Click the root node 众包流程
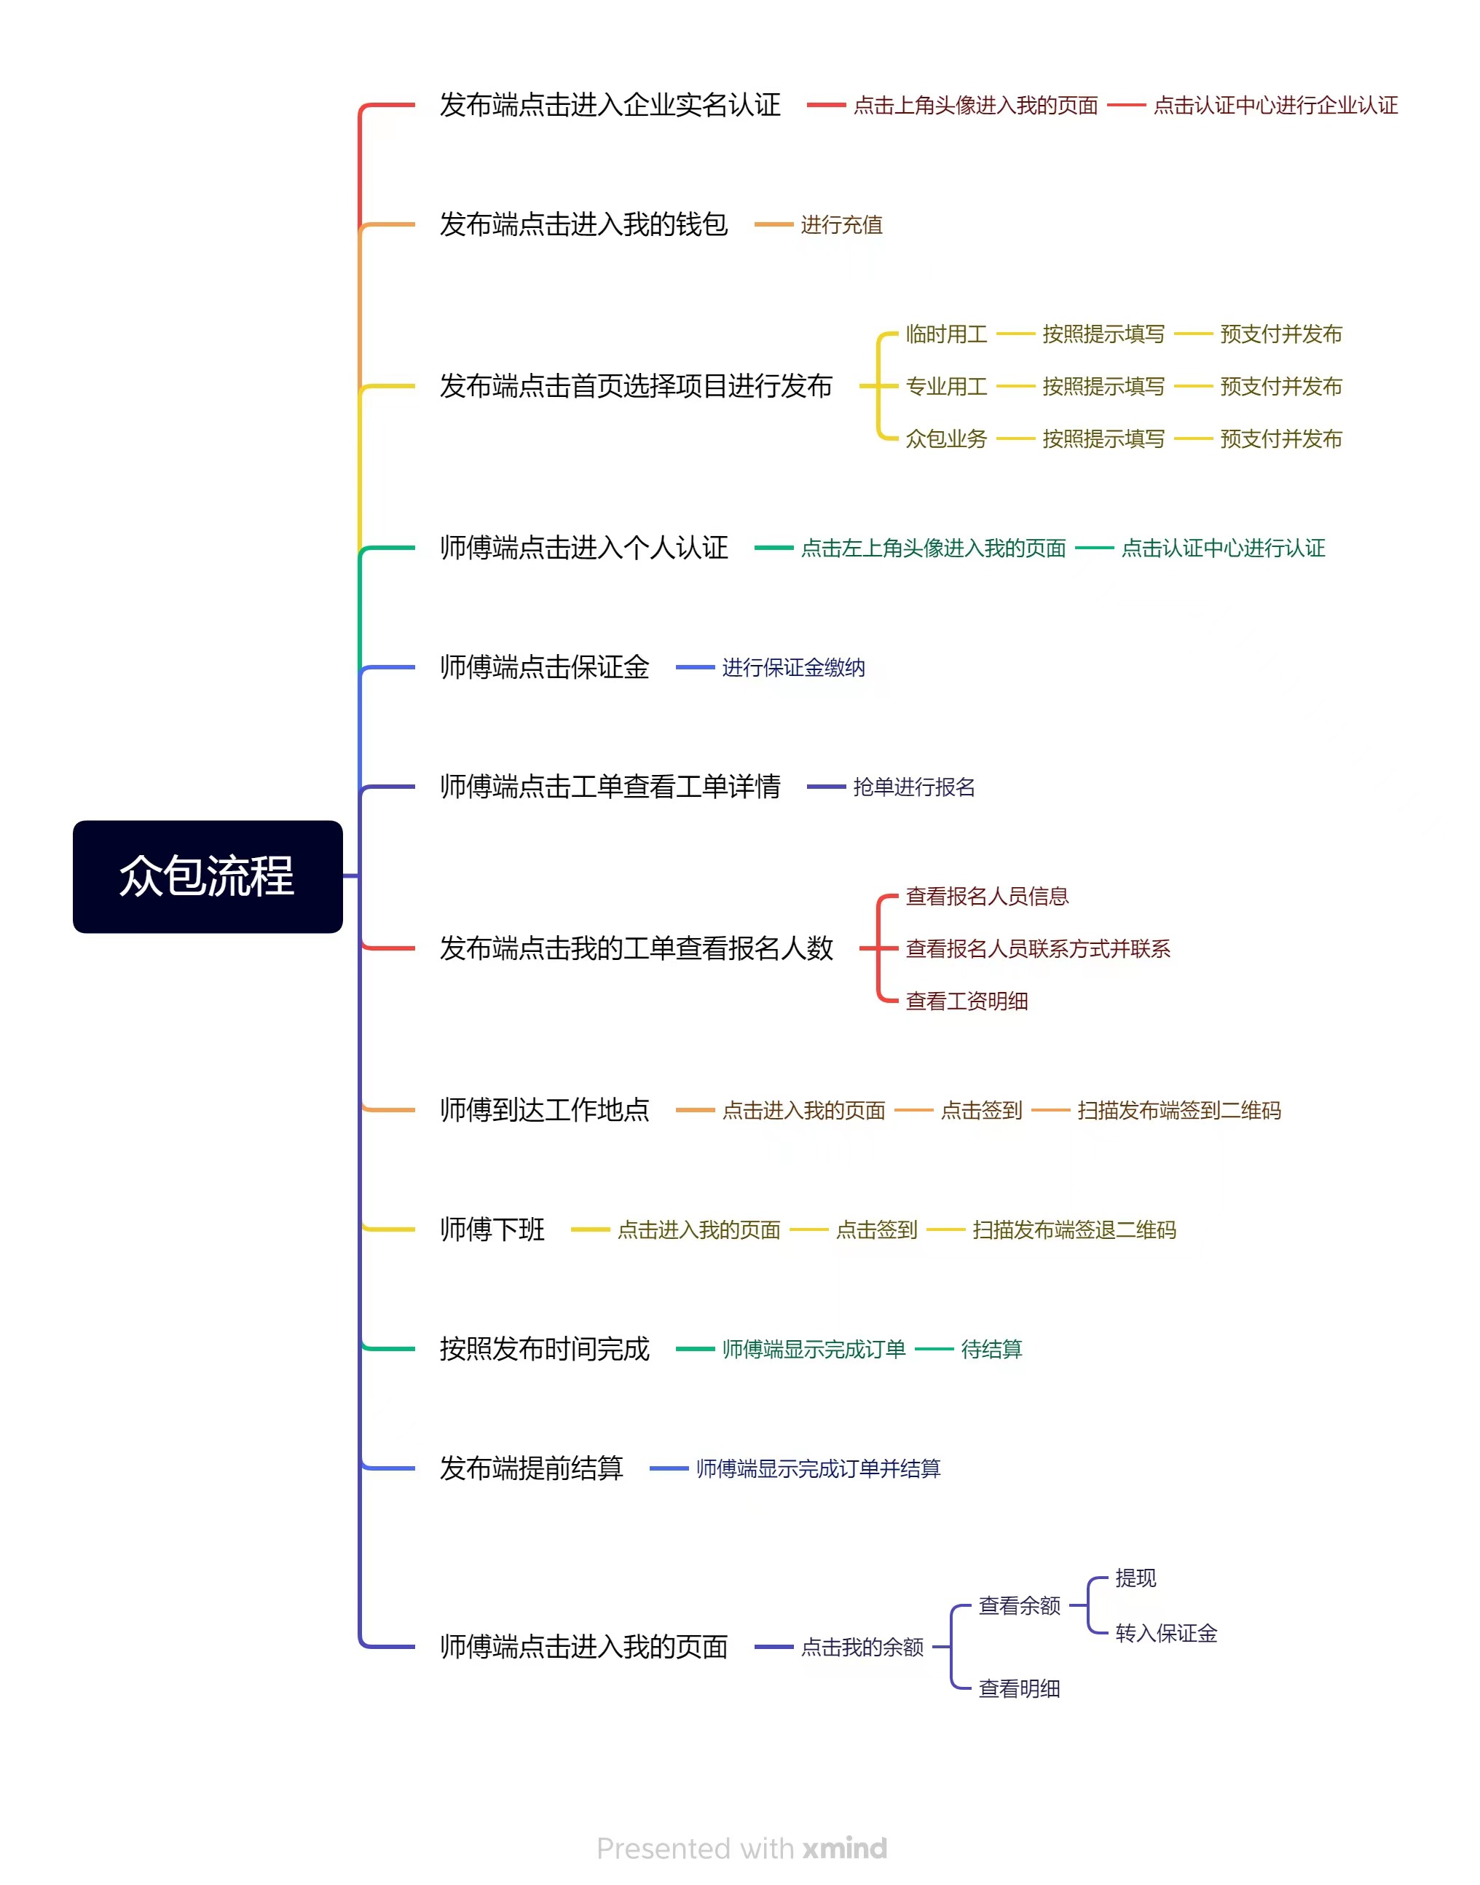pos(207,876)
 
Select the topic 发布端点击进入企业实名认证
pos(610,105)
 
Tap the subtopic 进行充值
pos(841,224)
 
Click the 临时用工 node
pos(946,334)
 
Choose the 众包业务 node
pos(946,438)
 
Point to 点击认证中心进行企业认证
pos(1275,105)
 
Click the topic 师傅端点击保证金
pos(544,666)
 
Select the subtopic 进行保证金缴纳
pos(794,666)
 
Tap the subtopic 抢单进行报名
pos(914,786)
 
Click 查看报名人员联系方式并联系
pos(1038,948)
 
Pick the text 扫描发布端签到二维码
pos(1179,1109)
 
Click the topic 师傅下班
pos(492,1229)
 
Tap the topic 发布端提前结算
pos(531,1468)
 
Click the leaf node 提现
pos(1135,1578)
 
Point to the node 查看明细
pos(1019,1688)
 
